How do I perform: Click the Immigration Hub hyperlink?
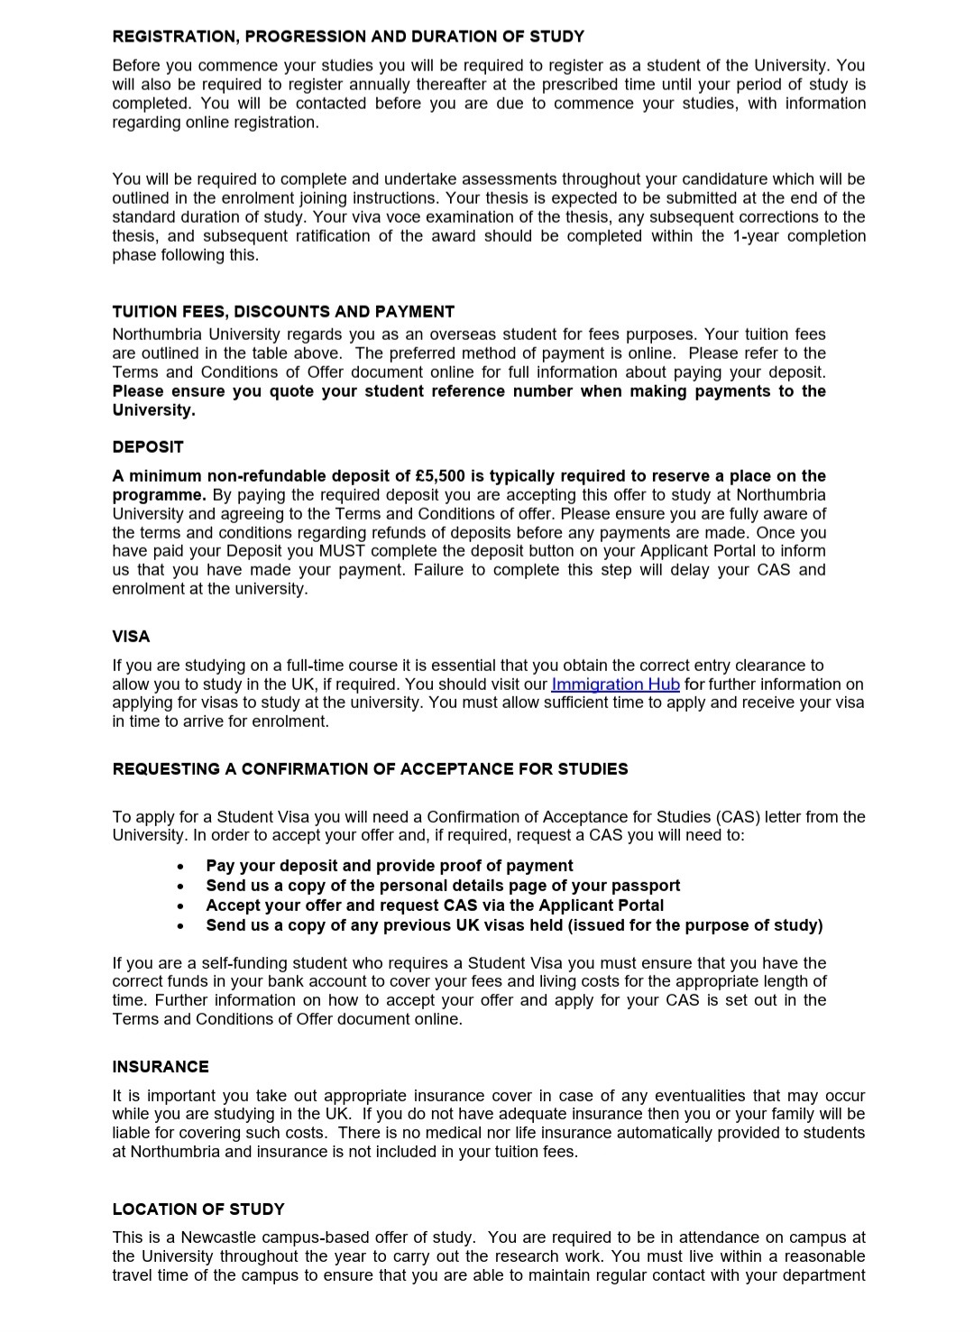(615, 685)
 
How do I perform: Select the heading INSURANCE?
(161, 1067)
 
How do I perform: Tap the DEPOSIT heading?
(148, 447)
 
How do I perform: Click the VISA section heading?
(131, 637)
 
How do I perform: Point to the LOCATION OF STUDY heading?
(198, 1210)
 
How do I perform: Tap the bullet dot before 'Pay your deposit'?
(181, 867)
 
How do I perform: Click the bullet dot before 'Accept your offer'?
(181, 906)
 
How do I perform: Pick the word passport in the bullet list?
(646, 886)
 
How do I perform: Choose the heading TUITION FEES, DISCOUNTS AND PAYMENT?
(283, 312)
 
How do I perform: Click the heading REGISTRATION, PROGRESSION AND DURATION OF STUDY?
(348, 37)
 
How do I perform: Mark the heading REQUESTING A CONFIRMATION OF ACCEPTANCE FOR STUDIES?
(370, 769)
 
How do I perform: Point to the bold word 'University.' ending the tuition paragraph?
(153, 410)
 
